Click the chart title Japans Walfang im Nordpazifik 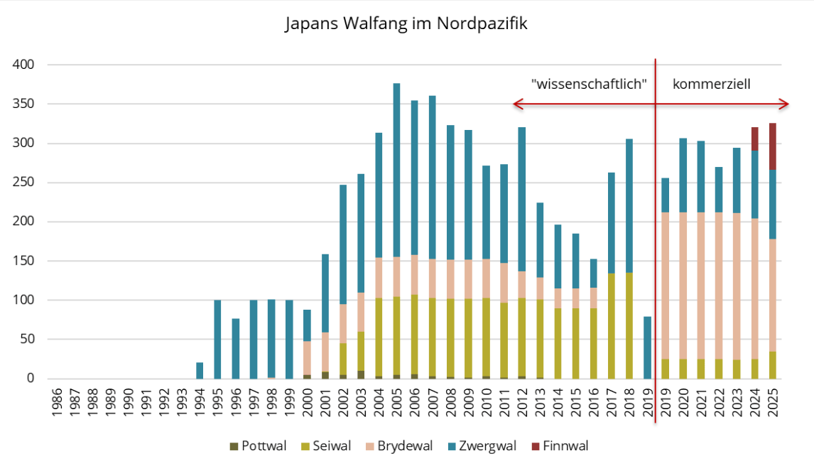406,23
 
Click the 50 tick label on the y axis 28,340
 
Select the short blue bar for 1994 200,371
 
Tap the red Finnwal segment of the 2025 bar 772,146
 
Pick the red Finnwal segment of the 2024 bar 754,139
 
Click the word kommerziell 712,84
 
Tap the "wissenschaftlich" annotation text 589,84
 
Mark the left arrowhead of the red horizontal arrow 516,104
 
